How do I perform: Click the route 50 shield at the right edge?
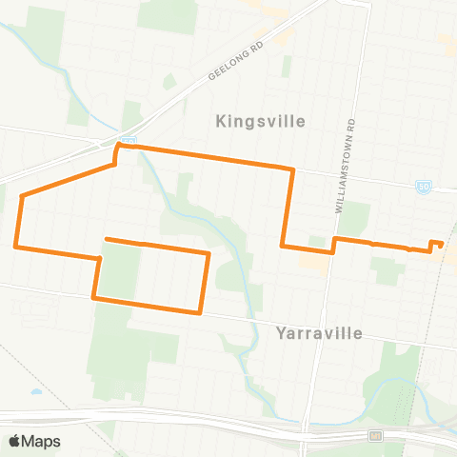coord(423,188)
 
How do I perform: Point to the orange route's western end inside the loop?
coord(106,239)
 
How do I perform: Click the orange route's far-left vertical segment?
coord(18,221)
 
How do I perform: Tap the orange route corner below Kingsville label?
coord(291,169)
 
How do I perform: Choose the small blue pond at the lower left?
coord(35,391)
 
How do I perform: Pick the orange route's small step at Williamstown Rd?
coord(333,245)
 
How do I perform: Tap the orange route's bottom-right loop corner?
coord(199,311)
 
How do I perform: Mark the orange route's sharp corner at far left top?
coord(21,195)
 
